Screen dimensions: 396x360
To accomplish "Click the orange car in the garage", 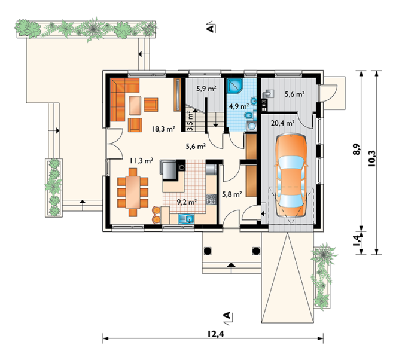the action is tap(291, 175).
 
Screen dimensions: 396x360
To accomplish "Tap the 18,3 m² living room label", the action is tap(163, 129).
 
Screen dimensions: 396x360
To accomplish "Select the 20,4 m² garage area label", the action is tap(282, 123).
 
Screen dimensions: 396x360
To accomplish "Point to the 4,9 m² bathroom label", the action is tap(239, 106).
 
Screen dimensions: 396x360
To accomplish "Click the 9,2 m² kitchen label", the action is tap(187, 202).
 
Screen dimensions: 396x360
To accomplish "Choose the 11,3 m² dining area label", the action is tap(141, 160).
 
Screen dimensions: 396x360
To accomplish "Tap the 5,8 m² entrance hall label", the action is tap(232, 194).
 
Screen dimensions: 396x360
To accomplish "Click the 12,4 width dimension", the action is tap(216, 334).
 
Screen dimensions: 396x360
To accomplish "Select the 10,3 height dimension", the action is tap(372, 158).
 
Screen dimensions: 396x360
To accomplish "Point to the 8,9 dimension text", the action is tap(357, 150).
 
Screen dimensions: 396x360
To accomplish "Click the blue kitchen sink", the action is tap(186, 219).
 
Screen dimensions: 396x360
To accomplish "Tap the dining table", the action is tap(133, 192).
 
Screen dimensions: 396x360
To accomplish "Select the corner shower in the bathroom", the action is tap(234, 86).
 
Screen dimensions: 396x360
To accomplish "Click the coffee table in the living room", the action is tap(135, 106).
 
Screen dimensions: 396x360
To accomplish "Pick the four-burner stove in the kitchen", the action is tap(211, 199).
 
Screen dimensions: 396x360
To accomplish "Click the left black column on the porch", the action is tap(208, 251).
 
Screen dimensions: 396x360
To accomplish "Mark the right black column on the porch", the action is tap(256, 251).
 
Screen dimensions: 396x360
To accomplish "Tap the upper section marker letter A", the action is tap(210, 28).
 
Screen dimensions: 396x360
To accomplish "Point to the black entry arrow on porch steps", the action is tap(231, 265).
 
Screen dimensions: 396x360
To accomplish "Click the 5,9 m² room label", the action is tap(206, 89).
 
